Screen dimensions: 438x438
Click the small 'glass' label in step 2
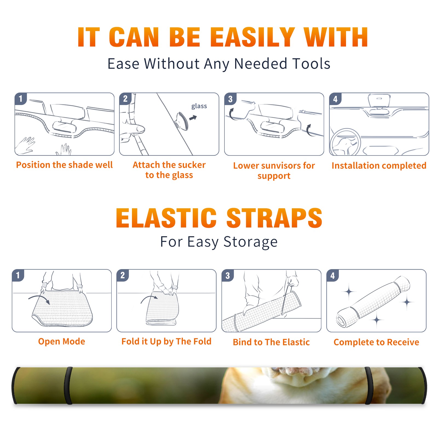pos(199,106)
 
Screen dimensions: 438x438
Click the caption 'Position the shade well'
pos(64,165)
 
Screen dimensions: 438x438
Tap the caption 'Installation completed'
pos(379,165)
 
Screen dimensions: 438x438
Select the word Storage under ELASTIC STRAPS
pos(250,242)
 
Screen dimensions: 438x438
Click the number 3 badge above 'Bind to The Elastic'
pos(228,275)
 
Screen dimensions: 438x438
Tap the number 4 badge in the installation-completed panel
pos(335,99)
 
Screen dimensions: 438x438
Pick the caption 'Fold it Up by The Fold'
pos(166,341)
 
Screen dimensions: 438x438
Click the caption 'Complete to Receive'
pos(376,342)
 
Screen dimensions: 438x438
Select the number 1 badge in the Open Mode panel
pos(18,275)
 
